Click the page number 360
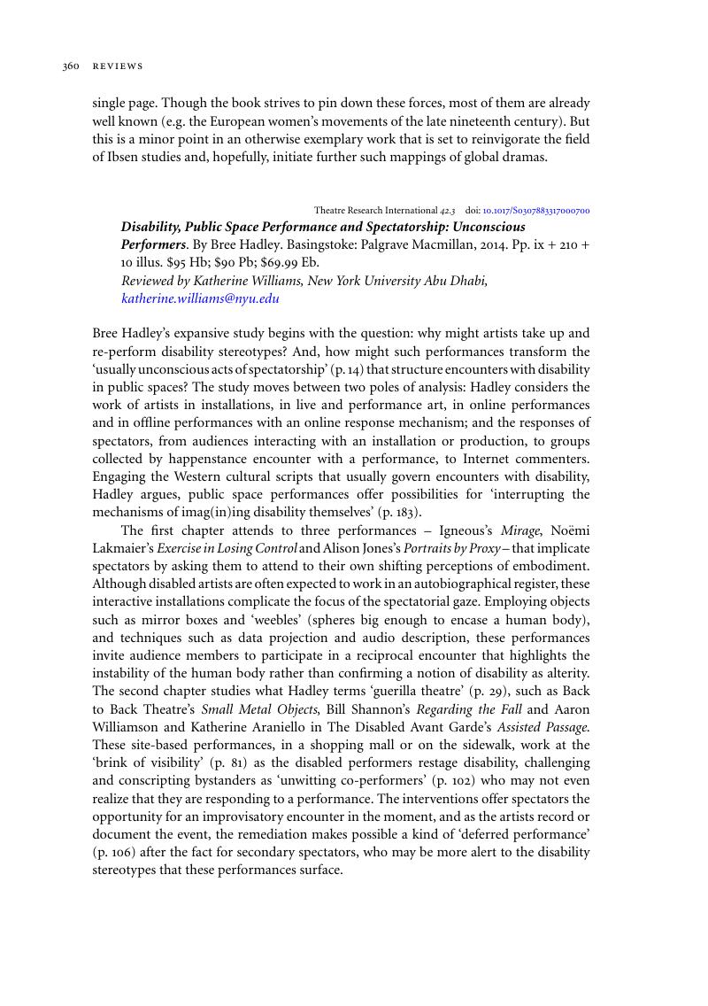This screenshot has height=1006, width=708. point(71,66)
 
